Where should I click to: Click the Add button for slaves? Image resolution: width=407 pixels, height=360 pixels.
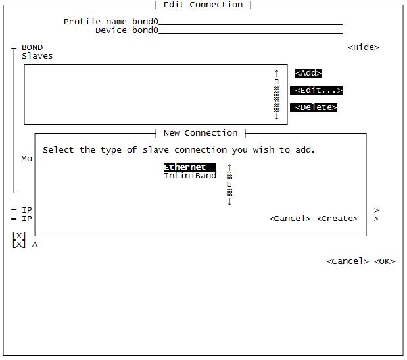click(308, 73)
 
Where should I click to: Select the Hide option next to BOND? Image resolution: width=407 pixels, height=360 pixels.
click(363, 47)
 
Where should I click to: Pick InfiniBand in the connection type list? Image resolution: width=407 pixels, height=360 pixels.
click(189, 176)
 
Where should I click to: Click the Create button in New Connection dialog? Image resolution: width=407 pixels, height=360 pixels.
click(337, 219)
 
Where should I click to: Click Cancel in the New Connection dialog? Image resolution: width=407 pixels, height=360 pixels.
click(289, 219)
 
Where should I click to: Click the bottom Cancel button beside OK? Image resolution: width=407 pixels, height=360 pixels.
click(347, 261)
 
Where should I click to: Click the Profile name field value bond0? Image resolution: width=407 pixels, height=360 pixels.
click(145, 22)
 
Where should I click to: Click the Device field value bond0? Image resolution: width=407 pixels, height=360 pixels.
click(145, 30)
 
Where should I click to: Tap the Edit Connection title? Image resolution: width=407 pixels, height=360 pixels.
click(203, 5)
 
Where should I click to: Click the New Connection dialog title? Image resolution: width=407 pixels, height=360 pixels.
click(201, 133)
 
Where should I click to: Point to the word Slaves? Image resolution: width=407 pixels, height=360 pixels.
click(37, 56)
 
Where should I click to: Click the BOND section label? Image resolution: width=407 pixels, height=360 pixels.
click(32, 47)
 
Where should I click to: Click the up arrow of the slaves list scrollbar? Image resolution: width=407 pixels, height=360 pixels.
click(277, 72)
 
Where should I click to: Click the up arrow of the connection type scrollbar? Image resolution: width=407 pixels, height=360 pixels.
click(229, 167)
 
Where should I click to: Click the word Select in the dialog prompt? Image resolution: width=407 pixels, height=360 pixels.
click(59, 150)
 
